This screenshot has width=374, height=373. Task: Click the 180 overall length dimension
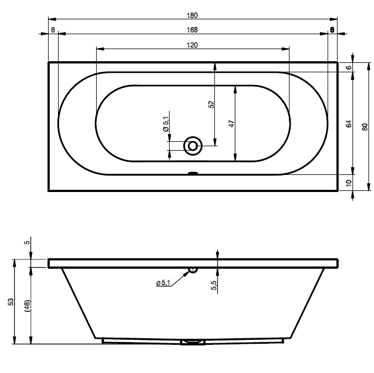pyautogui.click(x=192, y=15)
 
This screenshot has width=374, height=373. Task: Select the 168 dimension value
pyautogui.click(x=192, y=30)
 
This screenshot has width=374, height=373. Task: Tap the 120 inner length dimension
pyautogui.click(x=192, y=45)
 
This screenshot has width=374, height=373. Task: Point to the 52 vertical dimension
pyautogui.click(x=212, y=104)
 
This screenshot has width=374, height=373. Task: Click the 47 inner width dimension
pyautogui.click(x=232, y=124)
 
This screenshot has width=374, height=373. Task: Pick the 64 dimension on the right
pyautogui.click(x=349, y=124)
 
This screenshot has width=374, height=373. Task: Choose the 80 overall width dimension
pyautogui.click(x=365, y=127)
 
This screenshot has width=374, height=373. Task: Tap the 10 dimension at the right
pyautogui.click(x=349, y=183)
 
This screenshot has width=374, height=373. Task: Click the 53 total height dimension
pyautogui.click(x=11, y=301)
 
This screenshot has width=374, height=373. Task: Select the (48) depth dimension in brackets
pyautogui.click(x=27, y=306)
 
